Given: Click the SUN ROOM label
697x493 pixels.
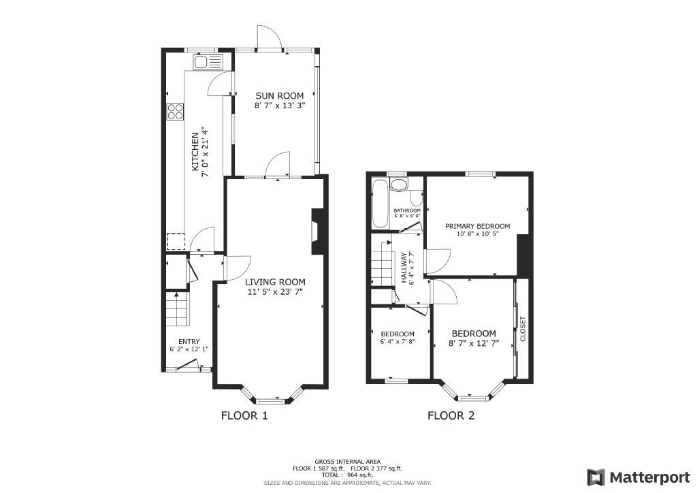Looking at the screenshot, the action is tap(280, 95).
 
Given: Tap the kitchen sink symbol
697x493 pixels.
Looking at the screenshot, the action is tap(207, 61).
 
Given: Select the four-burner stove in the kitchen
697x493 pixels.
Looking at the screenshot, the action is tap(175, 112).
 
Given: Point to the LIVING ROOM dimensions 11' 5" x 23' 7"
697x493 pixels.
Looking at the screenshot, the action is tap(275, 292).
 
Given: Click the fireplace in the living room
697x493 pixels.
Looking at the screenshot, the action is tap(317, 231).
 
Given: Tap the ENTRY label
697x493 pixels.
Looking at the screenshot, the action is tap(189, 341).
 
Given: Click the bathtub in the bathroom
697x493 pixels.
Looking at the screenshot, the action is tap(380, 203).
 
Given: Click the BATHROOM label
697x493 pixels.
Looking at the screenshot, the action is tap(407, 210).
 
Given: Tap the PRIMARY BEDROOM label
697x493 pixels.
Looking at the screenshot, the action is tap(477, 226).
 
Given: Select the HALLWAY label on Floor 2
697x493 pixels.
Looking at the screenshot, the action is tap(404, 268).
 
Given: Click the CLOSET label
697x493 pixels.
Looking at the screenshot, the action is tap(522, 329).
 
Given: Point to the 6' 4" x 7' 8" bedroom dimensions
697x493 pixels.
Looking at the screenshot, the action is tap(398, 342).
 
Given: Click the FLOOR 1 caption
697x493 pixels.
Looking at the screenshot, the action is tap(244, 415).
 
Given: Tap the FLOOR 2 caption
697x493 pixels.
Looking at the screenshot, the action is tap(451, 415).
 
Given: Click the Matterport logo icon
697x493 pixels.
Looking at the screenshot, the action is tap(596, 477).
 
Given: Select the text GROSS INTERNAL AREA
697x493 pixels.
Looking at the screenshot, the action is tap(347, 462).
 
